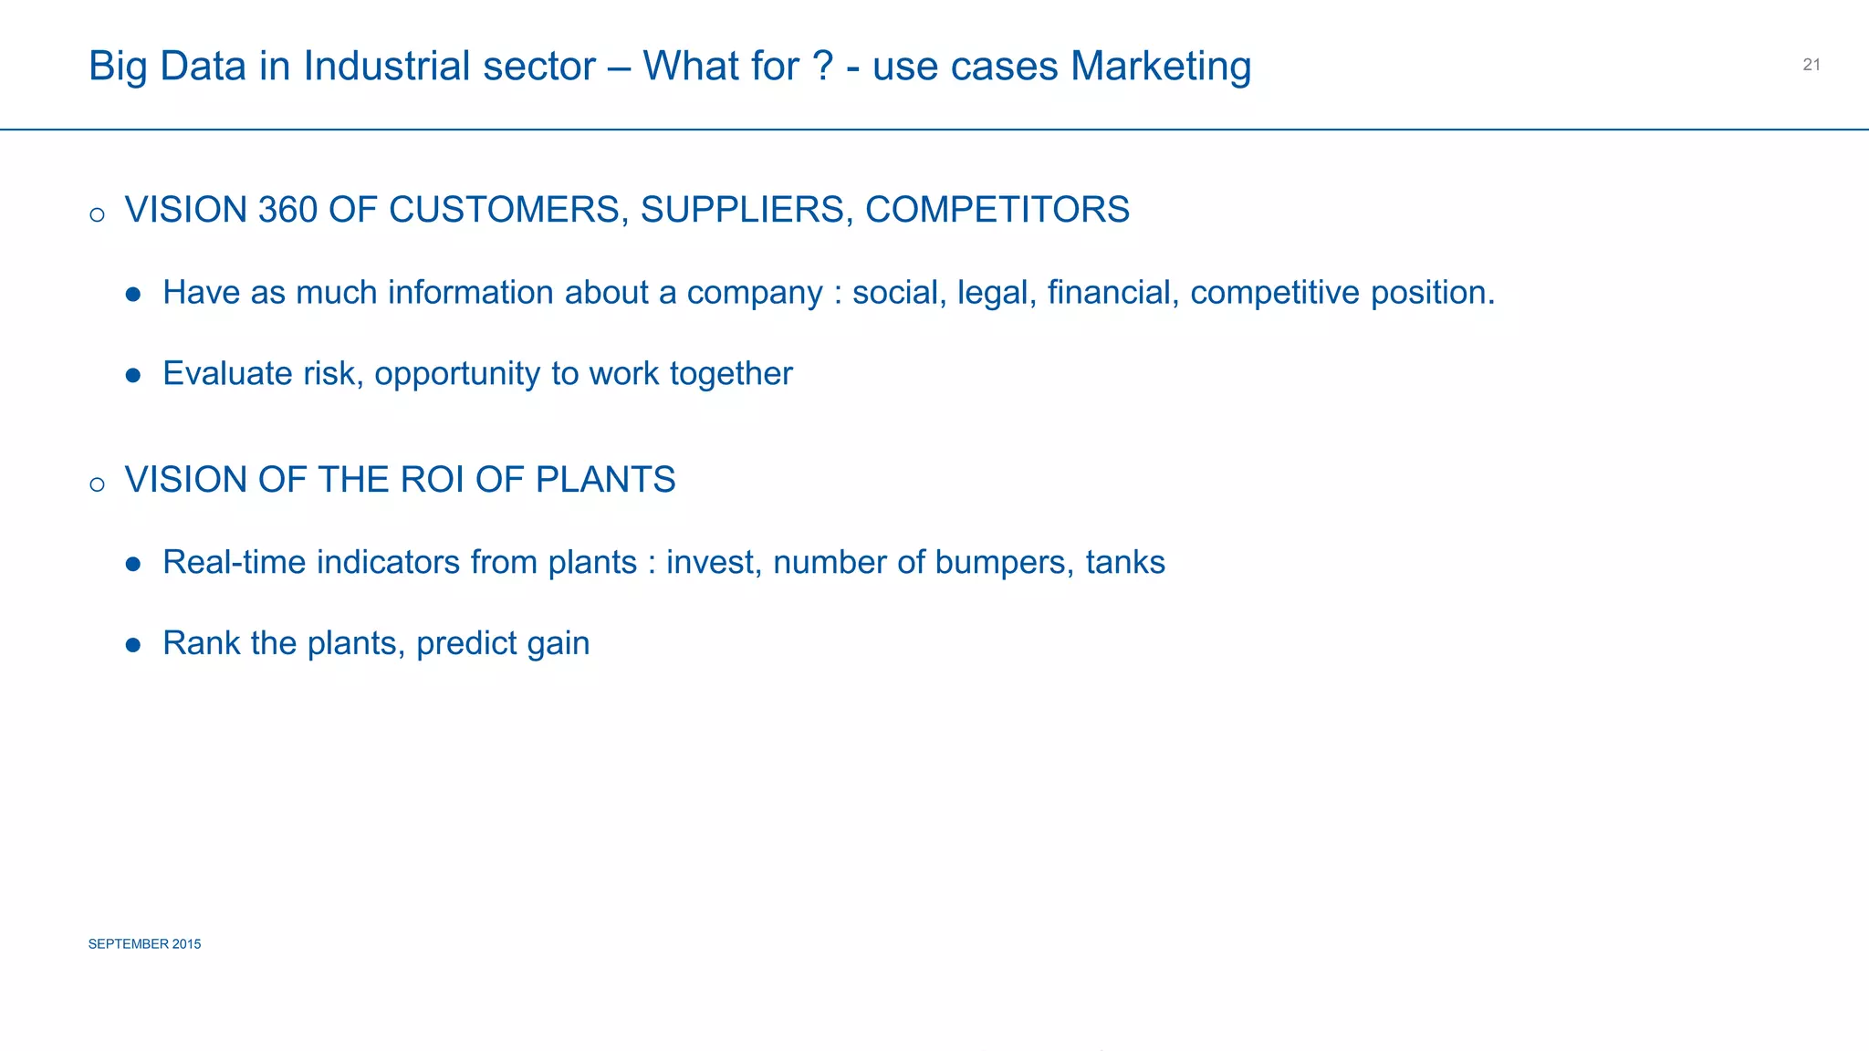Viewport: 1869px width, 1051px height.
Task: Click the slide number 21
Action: (1812, 65)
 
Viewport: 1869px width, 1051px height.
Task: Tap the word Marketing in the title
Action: (1161, 68)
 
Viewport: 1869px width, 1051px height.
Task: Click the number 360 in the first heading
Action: (287, 210)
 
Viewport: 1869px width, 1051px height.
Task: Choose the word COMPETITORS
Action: (997, 210)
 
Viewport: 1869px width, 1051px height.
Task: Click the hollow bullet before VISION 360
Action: (98, 215)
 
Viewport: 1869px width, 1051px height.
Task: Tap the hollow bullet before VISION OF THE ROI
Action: (98, 484)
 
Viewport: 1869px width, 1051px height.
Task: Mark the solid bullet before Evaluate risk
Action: (133, 375)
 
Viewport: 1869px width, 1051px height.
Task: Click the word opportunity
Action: (457, 375)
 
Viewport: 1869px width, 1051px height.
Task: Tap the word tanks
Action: (1124, 563)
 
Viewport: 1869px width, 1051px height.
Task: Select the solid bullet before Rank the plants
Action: (133, 645)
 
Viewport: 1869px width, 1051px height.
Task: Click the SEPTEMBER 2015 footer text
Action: (144, 944)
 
